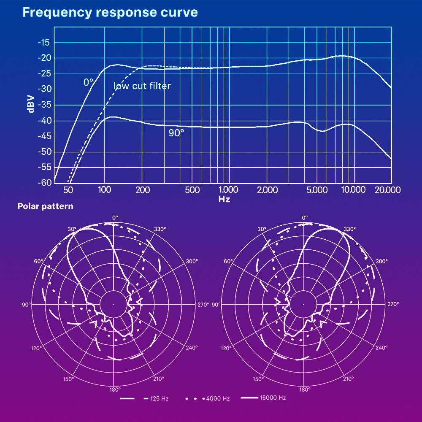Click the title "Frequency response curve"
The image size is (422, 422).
pos(110,12)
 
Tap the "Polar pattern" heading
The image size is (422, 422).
pos(45,206)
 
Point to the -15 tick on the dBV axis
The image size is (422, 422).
pos(44,43)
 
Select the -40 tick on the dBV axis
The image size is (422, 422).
pos(44,121)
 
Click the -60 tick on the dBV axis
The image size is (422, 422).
pos(44,183)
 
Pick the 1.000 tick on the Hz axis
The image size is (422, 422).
pos(228,190)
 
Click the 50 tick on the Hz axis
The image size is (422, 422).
pos(68,190)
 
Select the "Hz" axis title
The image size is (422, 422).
pos(224,199)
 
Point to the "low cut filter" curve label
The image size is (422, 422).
pos(142,86)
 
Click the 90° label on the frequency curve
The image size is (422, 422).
pos(176,133)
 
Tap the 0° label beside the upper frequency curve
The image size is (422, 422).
pos(88,82)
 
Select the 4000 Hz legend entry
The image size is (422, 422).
pos(218,399)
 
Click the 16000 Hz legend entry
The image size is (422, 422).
pos(273,398)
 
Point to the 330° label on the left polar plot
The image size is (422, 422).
pos(160,229)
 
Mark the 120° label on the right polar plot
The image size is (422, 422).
pos(226,348)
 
